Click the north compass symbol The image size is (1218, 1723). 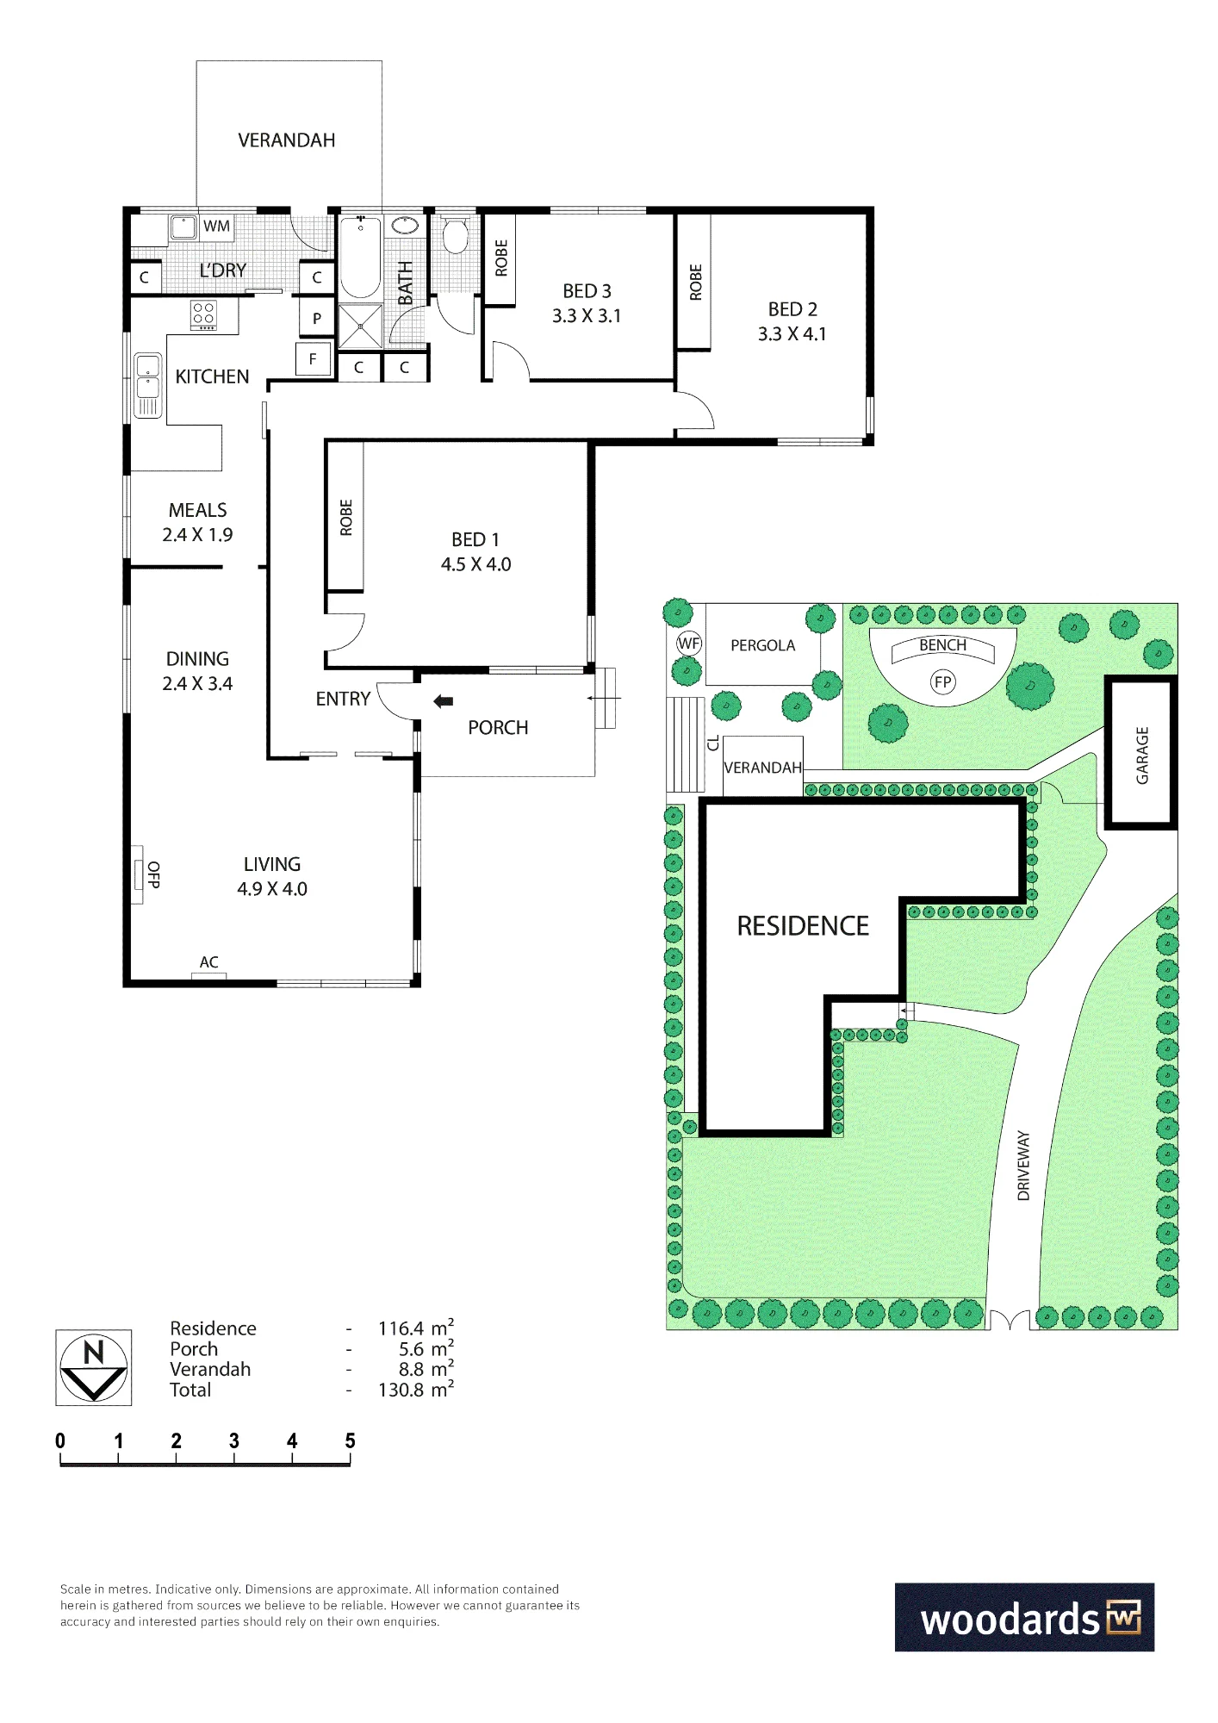click(x=94, y=1367)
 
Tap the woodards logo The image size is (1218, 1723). click(x=1024, y=1617)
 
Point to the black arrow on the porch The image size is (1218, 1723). click(x=444, y=701)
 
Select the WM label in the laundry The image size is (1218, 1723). click(x=217, y=227)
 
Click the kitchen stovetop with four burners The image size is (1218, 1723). click(x=204, y=314)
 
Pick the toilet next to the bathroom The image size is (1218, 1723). click(x=455, y=234)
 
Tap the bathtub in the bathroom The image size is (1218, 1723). click(x=361, y=257)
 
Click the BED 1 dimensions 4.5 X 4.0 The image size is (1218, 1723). click(x=476, y=564)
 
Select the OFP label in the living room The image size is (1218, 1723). click(x=153, y=874)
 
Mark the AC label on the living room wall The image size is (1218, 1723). click(x=209, y=962)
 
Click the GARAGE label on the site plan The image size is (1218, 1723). click(x=1142, y=756)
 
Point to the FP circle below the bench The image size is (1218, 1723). click(x=943, y=682)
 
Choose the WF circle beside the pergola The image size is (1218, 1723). click(x=689, y=643)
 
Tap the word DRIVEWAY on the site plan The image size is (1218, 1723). click(x=1023, y=1166)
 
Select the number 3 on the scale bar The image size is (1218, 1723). click(x=234, y=1440)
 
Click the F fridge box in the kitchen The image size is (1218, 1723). click(x=314, y=359)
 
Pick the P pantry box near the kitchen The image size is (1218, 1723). click(x=317, y=318)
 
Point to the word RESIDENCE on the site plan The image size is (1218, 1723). click(x=803, y=926)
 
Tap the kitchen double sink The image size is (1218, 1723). click(x=147, y=385)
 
